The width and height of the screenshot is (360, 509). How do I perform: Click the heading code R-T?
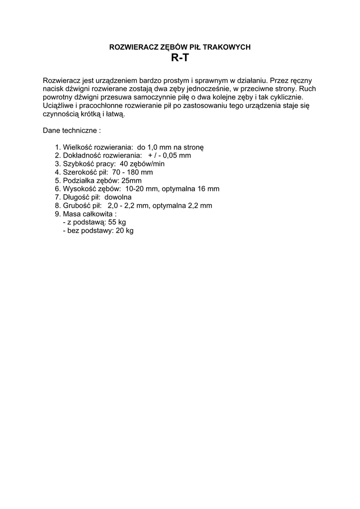click(x=180, y=58)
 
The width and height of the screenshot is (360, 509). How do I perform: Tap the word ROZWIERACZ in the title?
click(x=130, y=47)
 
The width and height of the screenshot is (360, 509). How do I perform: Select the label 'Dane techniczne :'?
click(x=72, y=131)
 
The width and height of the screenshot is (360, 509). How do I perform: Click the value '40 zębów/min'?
click(x=142, y=164)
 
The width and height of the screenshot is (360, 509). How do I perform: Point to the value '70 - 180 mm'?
click(x=133, y=172)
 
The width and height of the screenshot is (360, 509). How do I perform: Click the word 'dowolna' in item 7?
click(x=118, y=197)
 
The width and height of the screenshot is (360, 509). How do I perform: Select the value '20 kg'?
click(x=125, y=231)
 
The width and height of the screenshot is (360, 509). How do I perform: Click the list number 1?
click(x=58, y=147)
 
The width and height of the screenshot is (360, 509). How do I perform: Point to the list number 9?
click(x=58, y=214)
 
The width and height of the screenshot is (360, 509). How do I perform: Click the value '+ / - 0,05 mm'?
click(x=170, y=155)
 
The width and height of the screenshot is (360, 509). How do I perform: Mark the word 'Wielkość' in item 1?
click(x=78, y=147)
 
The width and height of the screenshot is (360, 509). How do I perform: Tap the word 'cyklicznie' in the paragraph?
click(x=283, y=97)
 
